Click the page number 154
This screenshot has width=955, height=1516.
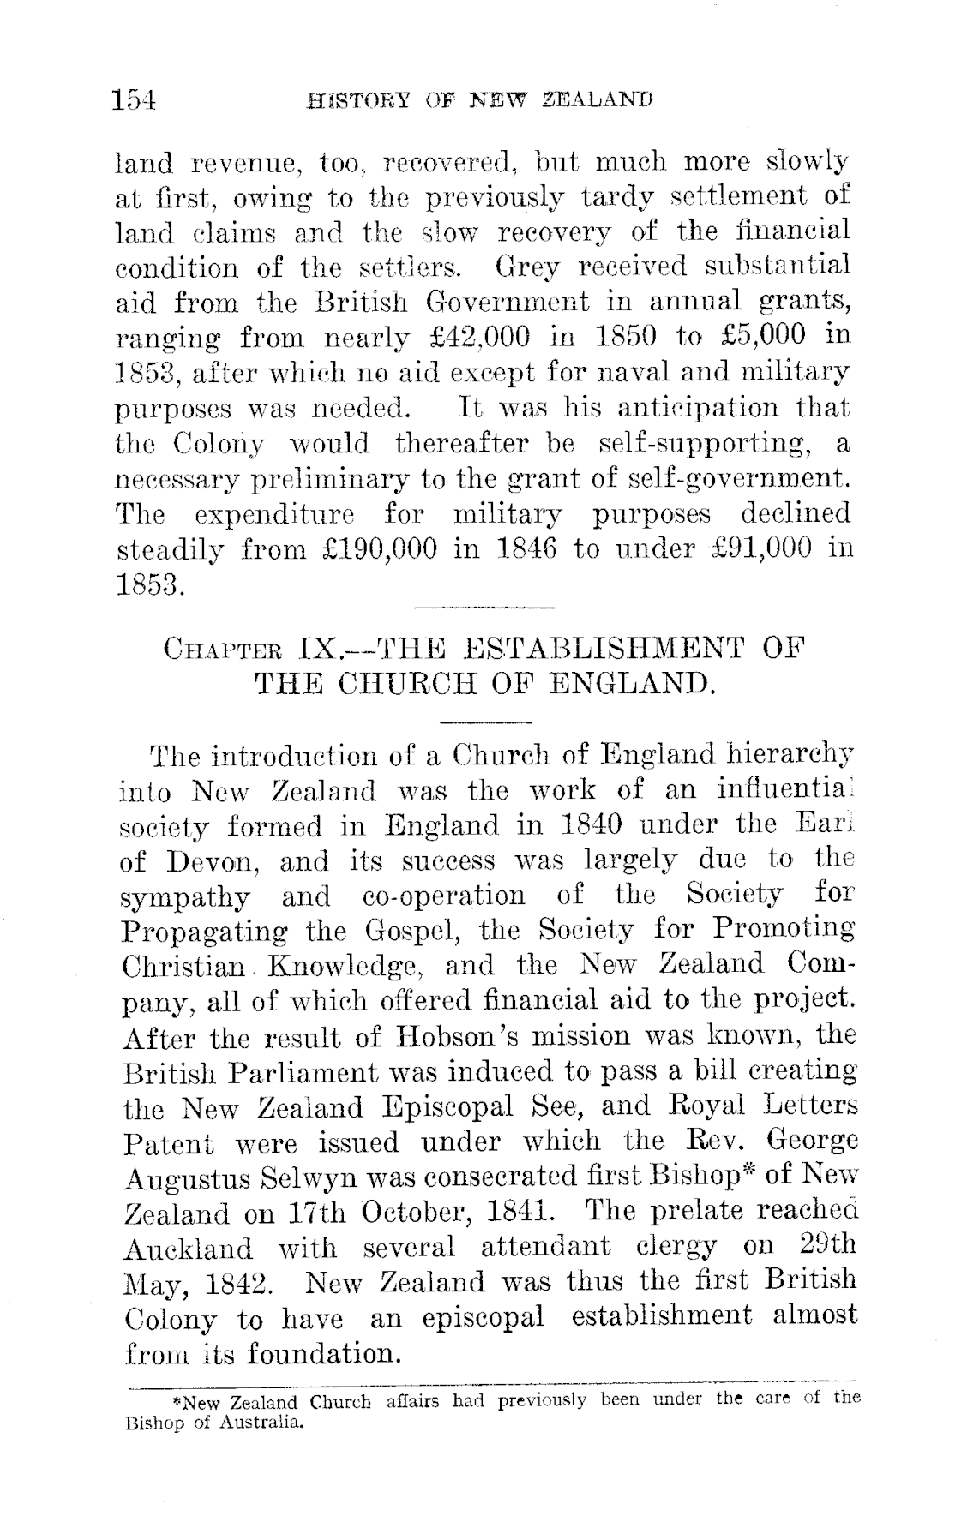click(x=135, y=99)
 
